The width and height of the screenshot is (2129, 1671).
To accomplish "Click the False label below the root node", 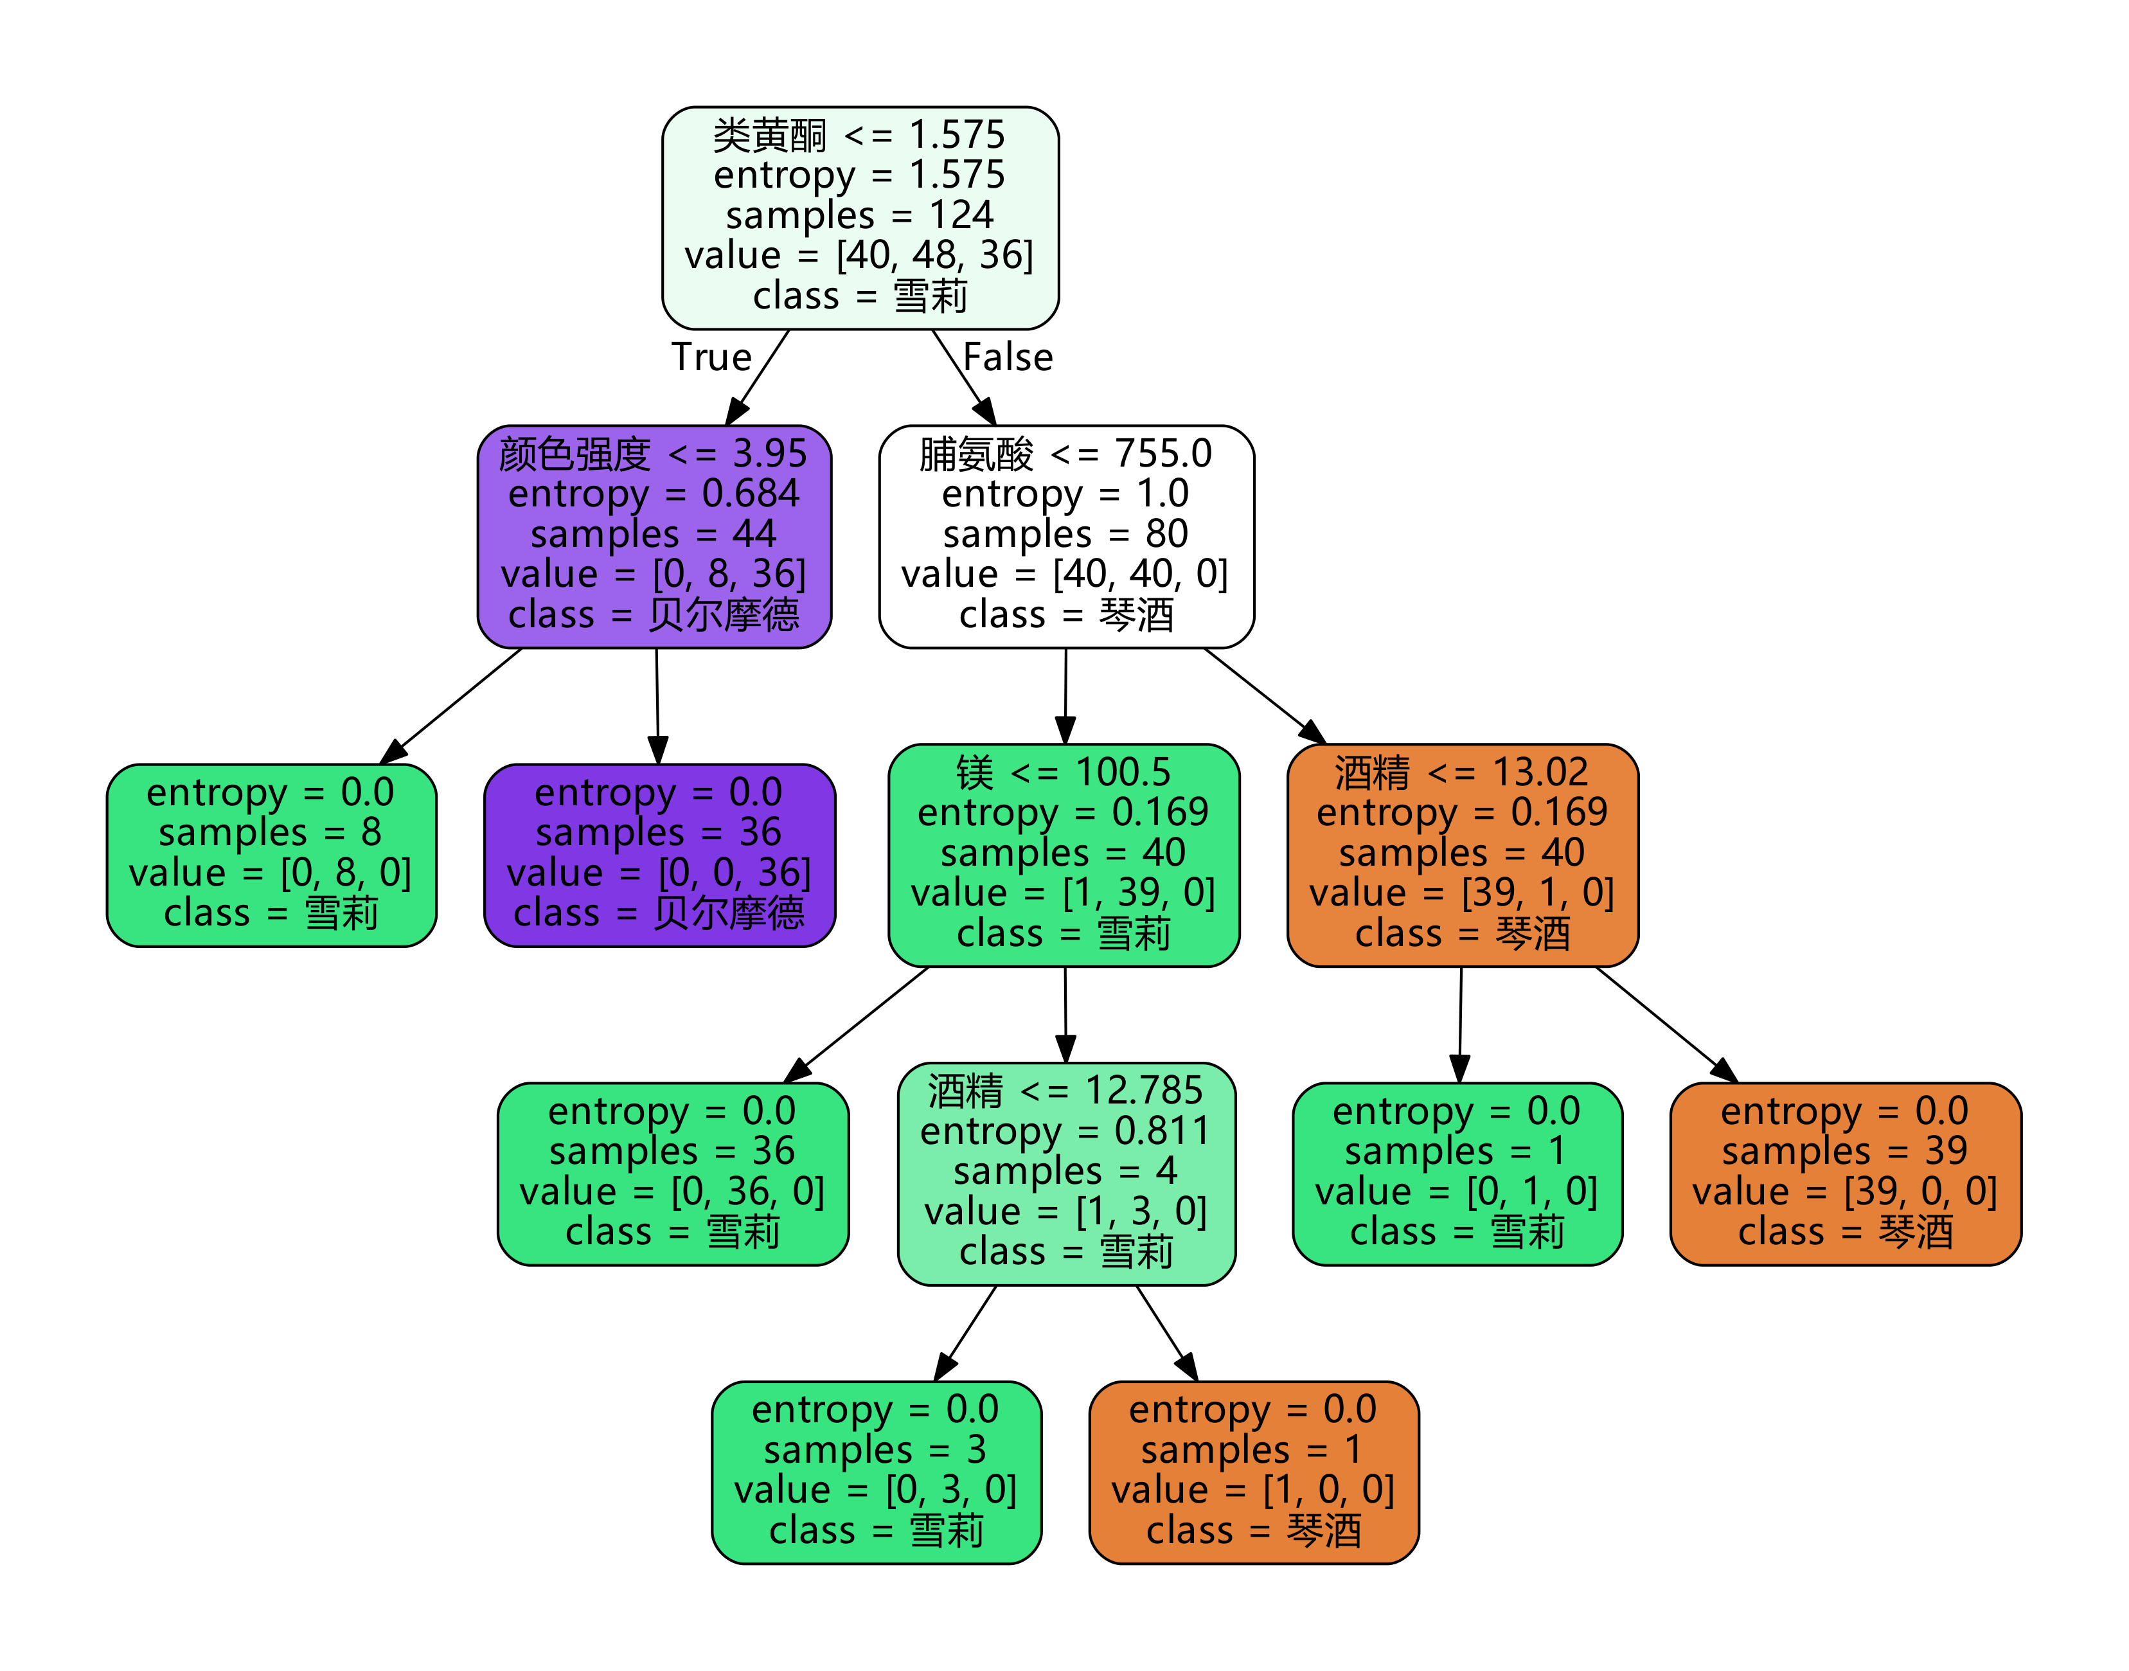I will coord(1007,357).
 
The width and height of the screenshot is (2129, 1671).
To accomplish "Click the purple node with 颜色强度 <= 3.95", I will coord(654,535).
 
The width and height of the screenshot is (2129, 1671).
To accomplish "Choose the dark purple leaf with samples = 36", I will coord(659,854).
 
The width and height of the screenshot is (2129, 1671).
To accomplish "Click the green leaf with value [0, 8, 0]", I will coord(271,854).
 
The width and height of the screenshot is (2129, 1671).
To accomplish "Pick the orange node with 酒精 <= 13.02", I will coord(1461,854).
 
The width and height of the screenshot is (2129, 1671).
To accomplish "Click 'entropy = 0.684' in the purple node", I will coord(654,494).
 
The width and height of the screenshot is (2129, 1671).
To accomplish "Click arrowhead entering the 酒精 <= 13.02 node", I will coord(1314,733).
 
